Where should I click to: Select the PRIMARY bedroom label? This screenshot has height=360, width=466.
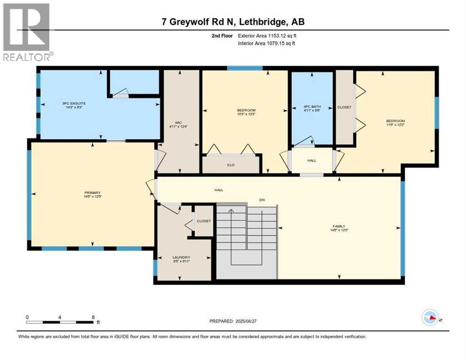(93, 193)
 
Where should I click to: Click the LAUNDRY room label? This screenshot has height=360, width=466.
(181, 257)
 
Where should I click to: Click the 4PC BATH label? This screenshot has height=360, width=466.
(312, 107)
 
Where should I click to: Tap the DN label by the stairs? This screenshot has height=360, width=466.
(263, 200)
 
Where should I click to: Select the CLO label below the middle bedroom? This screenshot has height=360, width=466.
(231, 165)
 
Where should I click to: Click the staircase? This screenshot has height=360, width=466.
(246, 241)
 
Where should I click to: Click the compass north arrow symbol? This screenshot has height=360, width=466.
(430, 318)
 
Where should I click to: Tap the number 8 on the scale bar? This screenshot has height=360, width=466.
(93, 317)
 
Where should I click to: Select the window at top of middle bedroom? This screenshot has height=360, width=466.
(245, 68)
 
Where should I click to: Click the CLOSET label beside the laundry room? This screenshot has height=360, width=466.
(204, 221)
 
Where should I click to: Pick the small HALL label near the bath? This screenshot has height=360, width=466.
(312, 160)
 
